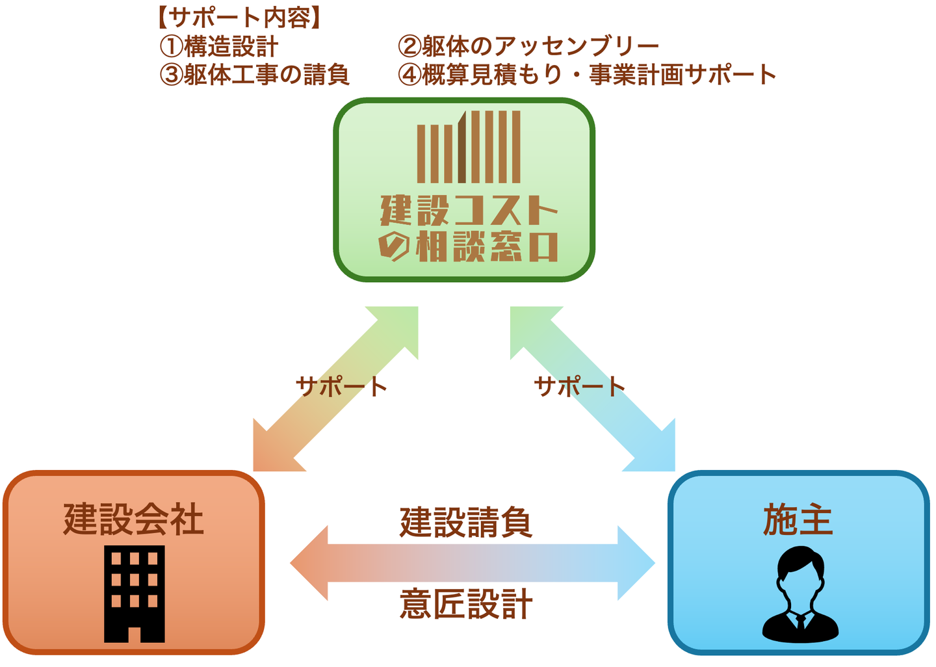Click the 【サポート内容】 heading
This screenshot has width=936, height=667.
coord(239,18)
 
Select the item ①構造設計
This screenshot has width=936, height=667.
coord(220,47)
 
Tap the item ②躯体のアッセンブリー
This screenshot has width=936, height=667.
coord(528,47)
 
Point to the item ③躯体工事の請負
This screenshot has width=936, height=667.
coord(255,75)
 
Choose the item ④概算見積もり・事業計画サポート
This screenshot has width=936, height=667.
coord(587,75)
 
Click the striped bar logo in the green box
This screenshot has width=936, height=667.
coord(468,148)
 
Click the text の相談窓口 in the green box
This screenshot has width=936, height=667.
coord(468,246)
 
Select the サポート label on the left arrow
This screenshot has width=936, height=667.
coord(341,387)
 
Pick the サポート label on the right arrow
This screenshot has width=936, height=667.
coord(579,387)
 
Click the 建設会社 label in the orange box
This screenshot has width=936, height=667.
coord(133,519)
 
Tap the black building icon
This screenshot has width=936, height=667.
coord(135,594)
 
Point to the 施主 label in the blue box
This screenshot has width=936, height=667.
coord(798,520)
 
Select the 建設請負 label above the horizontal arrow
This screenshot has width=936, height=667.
coord(466,523)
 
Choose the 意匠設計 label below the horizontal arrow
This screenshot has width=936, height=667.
coord(466,604)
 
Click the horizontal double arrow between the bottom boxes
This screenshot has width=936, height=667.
coord(473,563)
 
